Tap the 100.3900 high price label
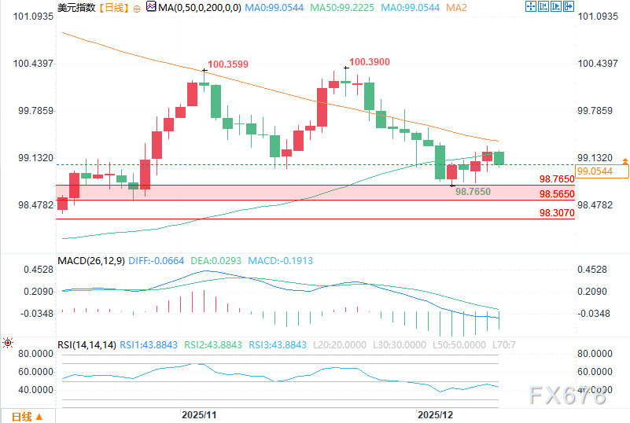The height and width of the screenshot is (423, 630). [369, 61]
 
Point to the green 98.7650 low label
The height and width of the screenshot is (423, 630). [473, 191]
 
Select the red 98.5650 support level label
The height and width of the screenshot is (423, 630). [557, 193]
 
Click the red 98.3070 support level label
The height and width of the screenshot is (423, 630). [557, 212]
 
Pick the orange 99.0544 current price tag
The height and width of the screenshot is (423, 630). [594, 171]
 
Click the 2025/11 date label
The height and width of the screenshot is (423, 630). [198, 414]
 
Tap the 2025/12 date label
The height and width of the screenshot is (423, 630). [435, 414]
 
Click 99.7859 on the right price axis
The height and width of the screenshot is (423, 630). [595, 111]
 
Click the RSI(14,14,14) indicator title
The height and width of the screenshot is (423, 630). [87, 344]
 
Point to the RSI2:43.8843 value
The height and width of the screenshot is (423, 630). [215, 344]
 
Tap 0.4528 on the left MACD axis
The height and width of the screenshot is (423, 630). [32, 270]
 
